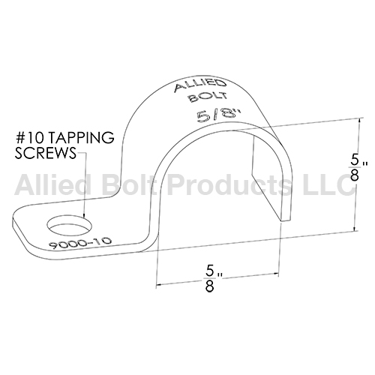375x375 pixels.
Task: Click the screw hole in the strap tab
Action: [x=69, y=225]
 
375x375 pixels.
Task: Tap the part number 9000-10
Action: [x=80, y=244]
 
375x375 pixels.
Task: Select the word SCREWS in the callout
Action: [x=45, y=153]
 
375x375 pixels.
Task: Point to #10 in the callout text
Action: [x=30, y=138]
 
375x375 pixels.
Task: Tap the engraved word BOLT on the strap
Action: [x=208, y=97]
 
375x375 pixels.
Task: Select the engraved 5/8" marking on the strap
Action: [x=219, y=115]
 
